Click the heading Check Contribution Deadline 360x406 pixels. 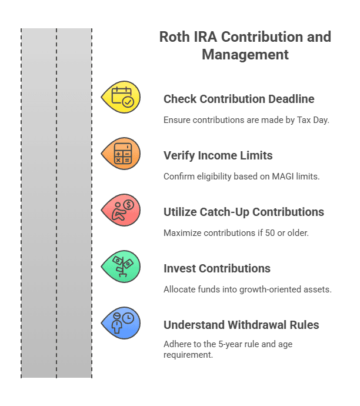coord(238,99)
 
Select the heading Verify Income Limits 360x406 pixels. coord(218,155)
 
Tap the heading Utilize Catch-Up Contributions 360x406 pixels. coord(244,212)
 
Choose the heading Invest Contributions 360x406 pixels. coord(216,268)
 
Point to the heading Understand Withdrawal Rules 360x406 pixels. coord(241,325)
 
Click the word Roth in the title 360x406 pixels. coord(174,37)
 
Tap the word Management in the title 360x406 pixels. coord(245,55)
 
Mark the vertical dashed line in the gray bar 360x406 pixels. coord(56,203)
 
